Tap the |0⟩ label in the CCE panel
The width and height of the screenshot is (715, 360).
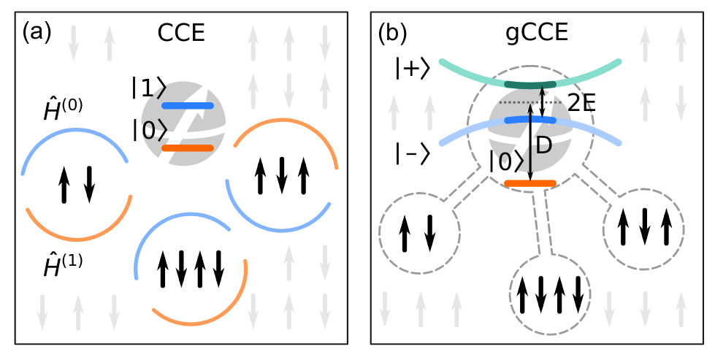[149, 130]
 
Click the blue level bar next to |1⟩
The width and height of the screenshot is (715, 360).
[188, 106]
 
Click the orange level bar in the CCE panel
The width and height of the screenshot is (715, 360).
[188, 148]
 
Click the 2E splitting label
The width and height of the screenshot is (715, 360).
[581, 103]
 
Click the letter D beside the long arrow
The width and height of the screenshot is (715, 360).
[543, 147]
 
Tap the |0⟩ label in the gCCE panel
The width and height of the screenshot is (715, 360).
[506, 162]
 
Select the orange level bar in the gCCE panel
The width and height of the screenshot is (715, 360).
[531, 183]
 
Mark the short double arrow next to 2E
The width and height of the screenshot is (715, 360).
[541, 101]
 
